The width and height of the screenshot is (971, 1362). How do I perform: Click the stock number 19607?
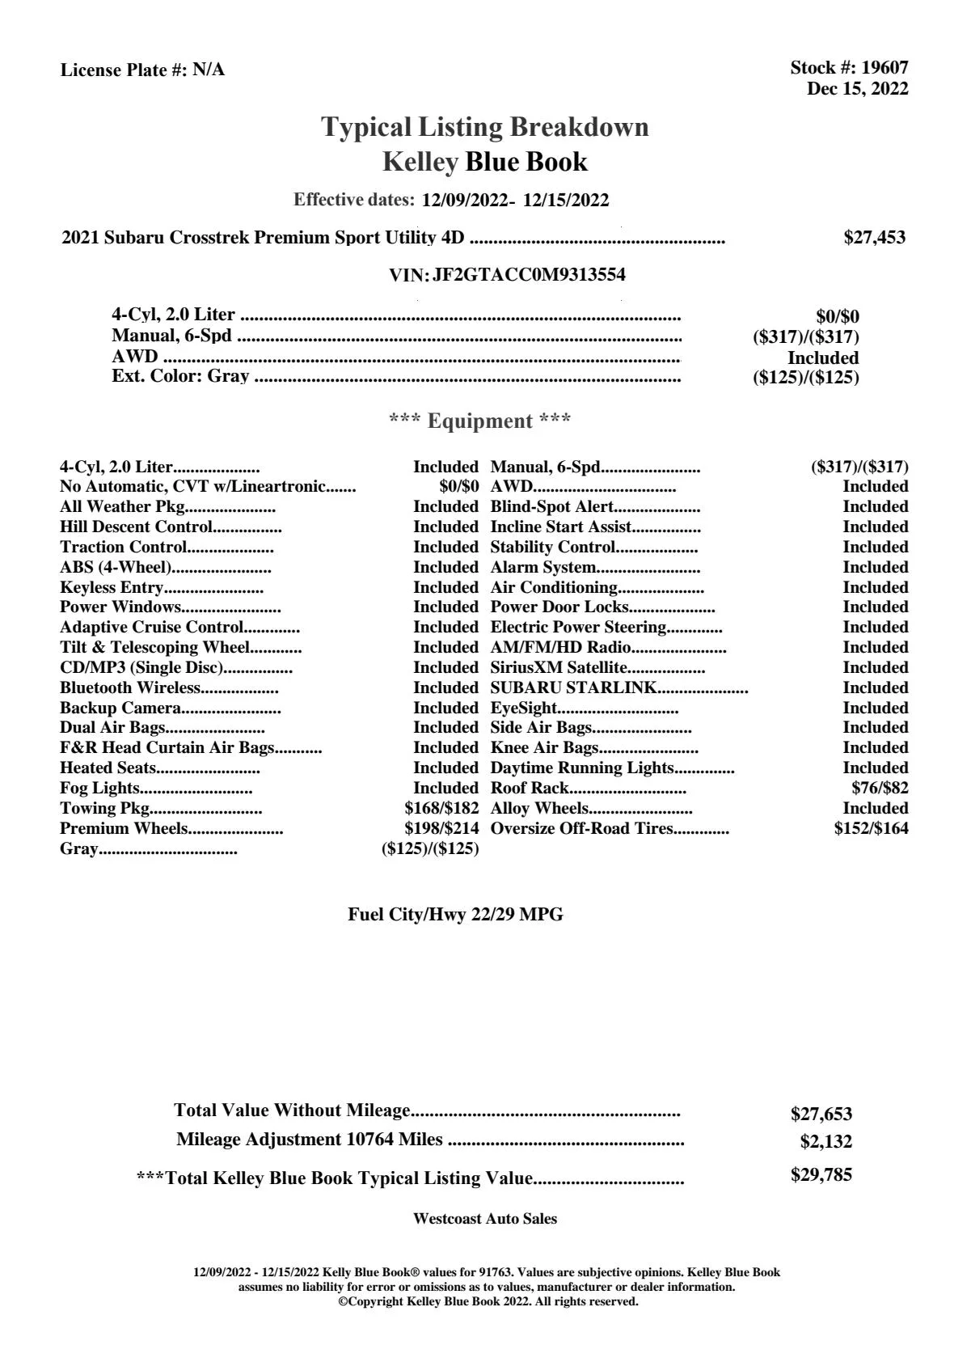[884, 69]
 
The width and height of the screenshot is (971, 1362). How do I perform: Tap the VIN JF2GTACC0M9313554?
[529, 275]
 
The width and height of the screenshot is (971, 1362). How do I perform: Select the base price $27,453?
[874, 238]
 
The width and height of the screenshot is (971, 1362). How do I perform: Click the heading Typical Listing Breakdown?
[485, 127]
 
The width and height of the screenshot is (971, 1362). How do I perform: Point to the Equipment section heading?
[480, 421]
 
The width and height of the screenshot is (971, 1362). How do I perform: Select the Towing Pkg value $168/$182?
[441, 809]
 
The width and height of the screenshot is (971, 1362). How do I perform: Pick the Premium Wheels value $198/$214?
[441, 829]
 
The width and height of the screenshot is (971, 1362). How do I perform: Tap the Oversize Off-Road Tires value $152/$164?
[871, 829]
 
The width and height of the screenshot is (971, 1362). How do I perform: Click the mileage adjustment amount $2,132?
[825, 1142]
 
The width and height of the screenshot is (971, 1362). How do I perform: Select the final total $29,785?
[821, 1175]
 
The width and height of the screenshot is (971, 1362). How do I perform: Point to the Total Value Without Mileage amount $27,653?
[821, 1115]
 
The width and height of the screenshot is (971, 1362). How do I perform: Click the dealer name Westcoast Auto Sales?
[485, 1219]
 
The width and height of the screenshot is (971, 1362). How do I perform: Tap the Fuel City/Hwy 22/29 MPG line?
[455, 915]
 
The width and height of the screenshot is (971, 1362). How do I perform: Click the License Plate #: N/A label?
[142, 70]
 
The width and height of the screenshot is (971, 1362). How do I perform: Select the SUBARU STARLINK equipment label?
[573, 688]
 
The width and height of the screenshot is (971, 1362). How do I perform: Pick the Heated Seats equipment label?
[108, 768]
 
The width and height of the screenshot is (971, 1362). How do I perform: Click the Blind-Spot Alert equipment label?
[552, 507]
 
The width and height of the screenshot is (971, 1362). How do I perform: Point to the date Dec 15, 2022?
[857, 89]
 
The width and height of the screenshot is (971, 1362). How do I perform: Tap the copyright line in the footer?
[488, 1301]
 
